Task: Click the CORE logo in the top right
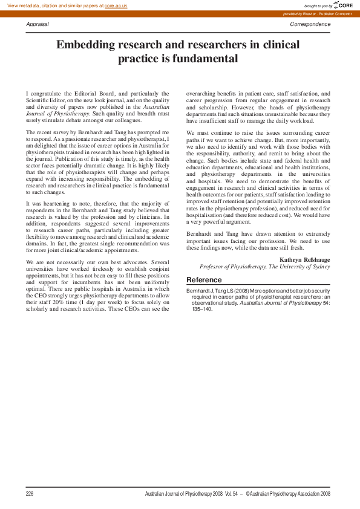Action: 343,5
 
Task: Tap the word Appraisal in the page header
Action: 38,24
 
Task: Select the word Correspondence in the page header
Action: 310,24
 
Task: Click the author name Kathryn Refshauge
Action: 305,259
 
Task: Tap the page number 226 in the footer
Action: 30,494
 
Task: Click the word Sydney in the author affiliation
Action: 321,266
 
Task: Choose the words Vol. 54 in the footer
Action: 233,494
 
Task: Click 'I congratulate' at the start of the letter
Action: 47,94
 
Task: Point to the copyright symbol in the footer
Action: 248,494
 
